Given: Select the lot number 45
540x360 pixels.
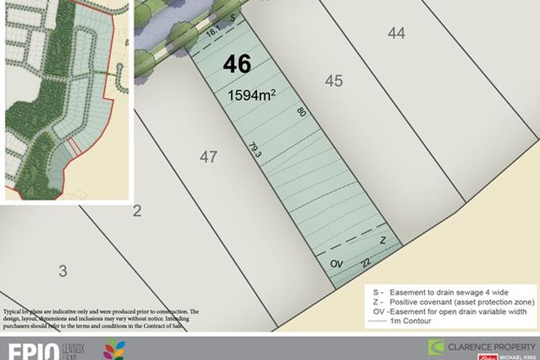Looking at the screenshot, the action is pyautogui.click(x=333, y=80).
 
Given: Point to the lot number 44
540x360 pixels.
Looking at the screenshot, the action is pyautogui.click(x=397, y=33).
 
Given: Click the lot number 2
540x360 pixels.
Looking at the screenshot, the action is pyautogui.click(x=137, y=212).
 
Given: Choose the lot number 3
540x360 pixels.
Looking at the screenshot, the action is pyautogui.click(x=62, y=270).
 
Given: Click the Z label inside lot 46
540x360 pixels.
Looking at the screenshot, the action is pyautogui.click(x=382, y=240).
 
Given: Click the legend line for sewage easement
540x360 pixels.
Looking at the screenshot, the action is pyautogui.click(x=450, y=291).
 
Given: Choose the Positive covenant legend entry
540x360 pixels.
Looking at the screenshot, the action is pyautogui.click(x=452, y=301).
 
